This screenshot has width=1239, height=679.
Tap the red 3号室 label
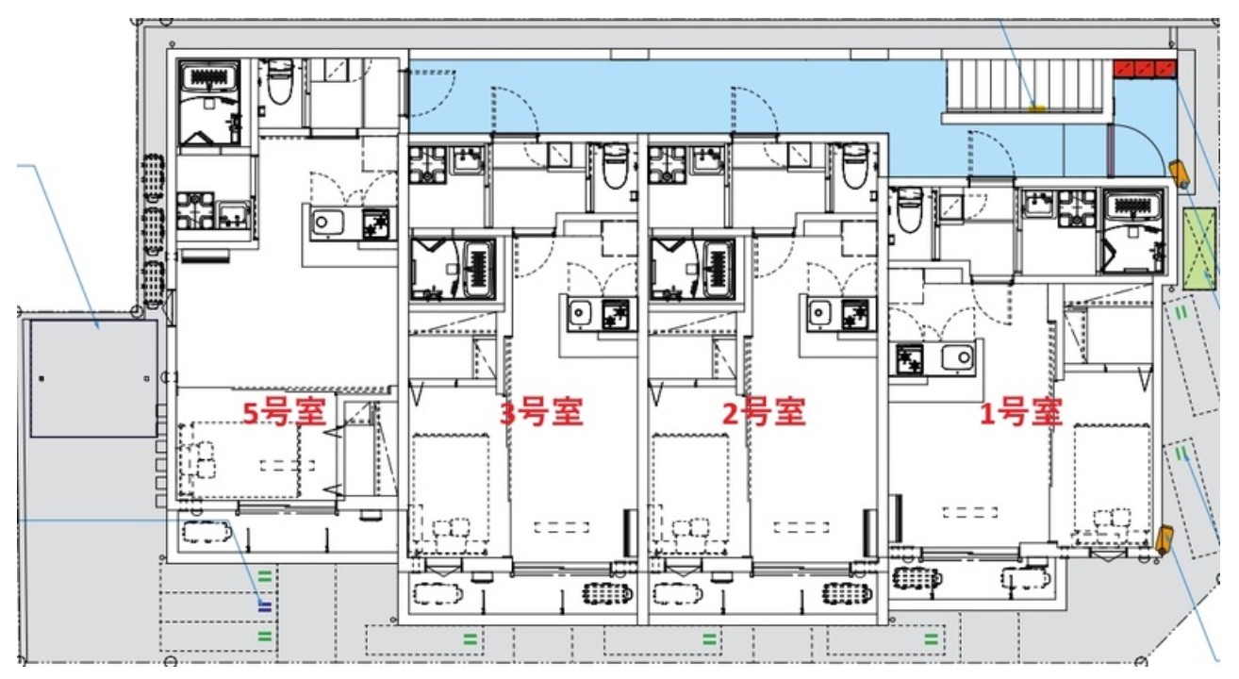click(540, 412)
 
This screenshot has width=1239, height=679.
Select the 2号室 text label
click(763, 412)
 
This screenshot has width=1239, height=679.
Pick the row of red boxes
click(1145, 68)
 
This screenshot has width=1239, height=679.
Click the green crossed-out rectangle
click(1199, 250)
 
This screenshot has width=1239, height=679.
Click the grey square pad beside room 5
click(92, 378)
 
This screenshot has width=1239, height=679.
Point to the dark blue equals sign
click(265, 604)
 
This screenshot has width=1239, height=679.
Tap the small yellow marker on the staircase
click(1035, 108)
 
